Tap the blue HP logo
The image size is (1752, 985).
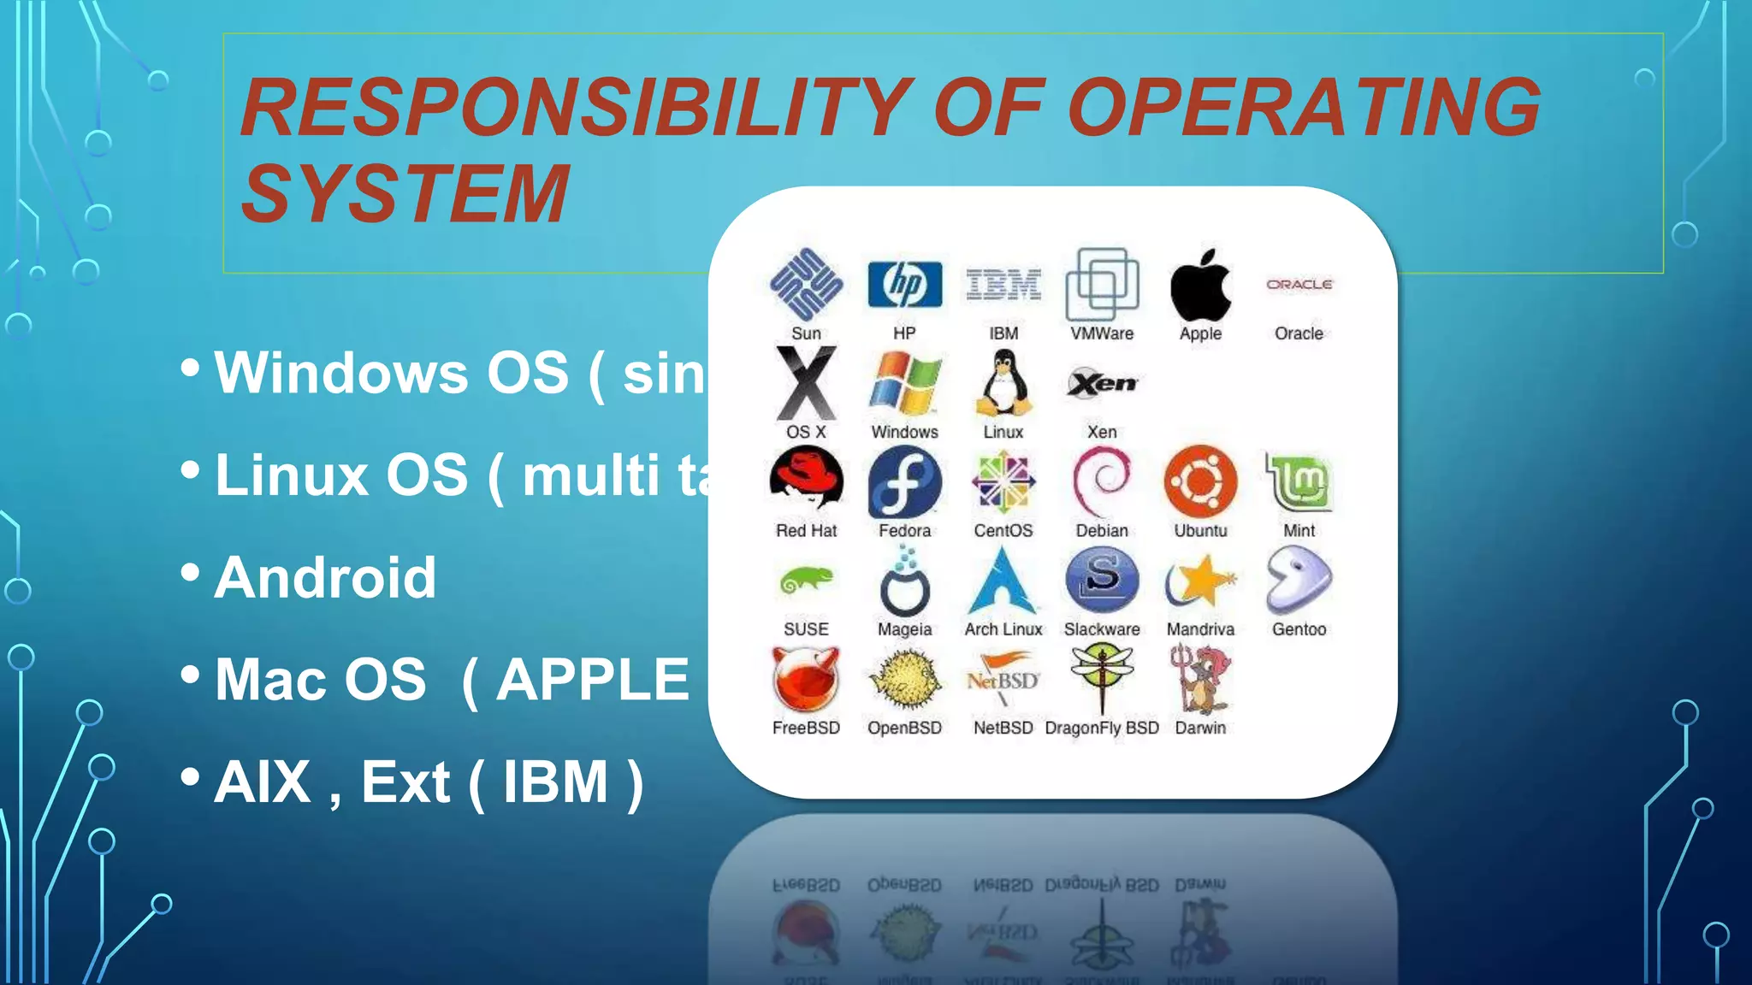click(x=904, y=285)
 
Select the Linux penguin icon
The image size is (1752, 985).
click(x=1003, y=384)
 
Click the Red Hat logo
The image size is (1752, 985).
click(x=806, y=481)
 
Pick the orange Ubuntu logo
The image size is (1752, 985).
click(x=1200, y=481)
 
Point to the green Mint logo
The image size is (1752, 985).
click(x=1299, y=481)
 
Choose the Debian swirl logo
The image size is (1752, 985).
click(x=1102, y=481)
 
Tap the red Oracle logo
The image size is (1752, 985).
click(x=1299, y=285)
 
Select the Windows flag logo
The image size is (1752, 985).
click(x=904, y=384)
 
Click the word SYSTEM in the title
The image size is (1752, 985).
click(x=405, y=194)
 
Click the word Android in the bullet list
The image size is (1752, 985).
click(x=325, y=577)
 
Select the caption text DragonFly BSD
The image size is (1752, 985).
click(x=1102, y=728)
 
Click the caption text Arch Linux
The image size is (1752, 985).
click(x=1003, y=629)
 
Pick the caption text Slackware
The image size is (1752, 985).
click(x=1102, y=629)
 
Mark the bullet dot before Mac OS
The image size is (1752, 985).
click(x=190, y=675)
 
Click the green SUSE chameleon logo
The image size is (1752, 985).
click(x=806, y=581)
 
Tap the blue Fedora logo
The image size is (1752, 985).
click(x=904, y=481)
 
